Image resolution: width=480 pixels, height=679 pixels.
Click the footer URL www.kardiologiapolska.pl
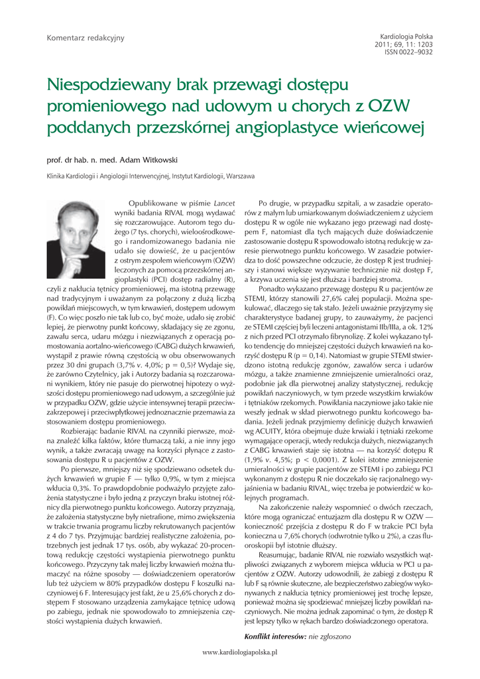click(x=240, y=652)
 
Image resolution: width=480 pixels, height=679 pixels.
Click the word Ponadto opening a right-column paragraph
click(x=273, y=289)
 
